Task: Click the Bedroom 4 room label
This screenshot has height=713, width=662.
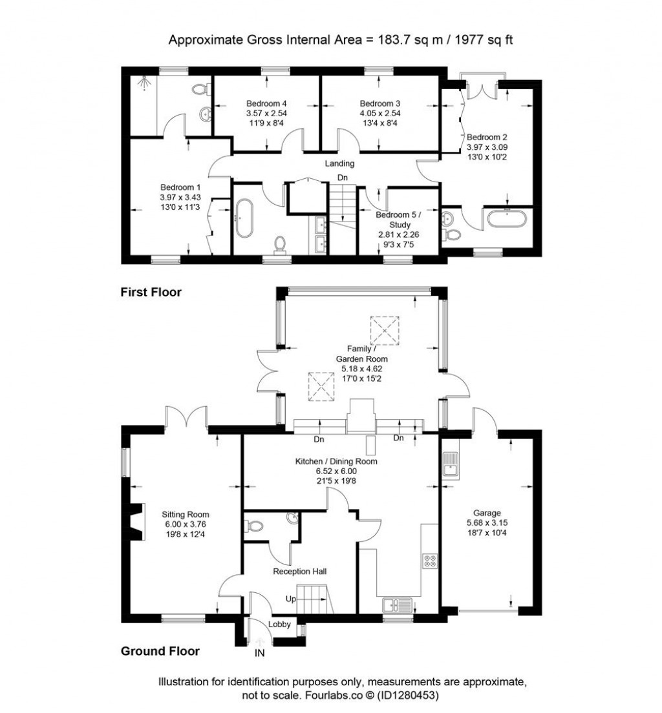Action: [x=266, y=103]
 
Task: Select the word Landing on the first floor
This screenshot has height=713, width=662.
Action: [x=340, y=163]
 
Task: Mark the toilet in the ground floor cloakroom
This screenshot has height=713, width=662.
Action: [x=254, y=526]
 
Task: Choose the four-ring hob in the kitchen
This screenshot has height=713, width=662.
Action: [x=430, y=561]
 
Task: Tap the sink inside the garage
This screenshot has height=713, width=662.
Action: [x=451, y=463]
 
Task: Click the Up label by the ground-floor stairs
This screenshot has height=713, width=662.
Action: [x=291, y=599]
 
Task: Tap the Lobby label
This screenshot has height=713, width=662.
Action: [x=279, y=623]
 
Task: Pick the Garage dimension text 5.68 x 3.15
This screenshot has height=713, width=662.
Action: [x=488, y=524]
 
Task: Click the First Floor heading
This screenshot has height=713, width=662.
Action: [x=151, y=292]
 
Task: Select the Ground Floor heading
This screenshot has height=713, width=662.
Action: [x=160, y=651]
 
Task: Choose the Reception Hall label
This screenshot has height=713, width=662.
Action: [x=299, y=572]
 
